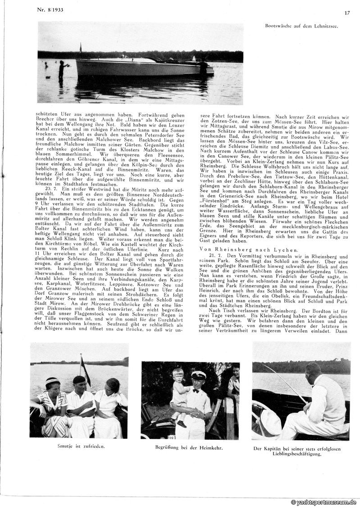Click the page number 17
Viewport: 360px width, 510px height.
[x=347, y=13]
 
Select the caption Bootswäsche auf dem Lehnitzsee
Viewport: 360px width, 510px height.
[x=301, y=27]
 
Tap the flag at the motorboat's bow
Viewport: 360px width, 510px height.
[x=80, y=47]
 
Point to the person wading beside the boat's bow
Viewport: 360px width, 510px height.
[x=62, y=68]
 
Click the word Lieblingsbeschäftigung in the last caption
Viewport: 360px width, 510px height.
[x=296, y=454]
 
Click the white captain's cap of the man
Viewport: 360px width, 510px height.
[x=198, y=375]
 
